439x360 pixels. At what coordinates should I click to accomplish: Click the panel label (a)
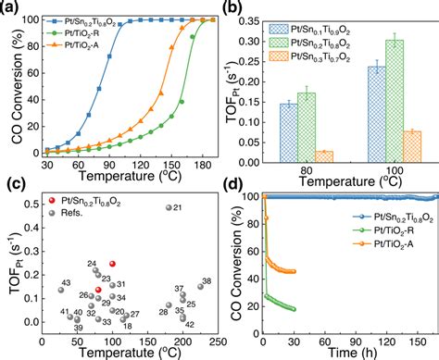[12, 8]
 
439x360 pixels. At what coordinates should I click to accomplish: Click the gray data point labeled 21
[168, 208]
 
